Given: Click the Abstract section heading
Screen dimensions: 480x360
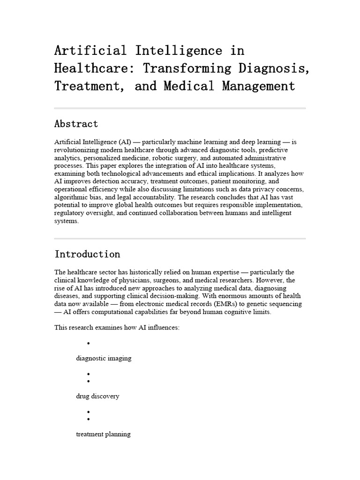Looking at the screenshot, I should pyautogui.click(x=76, y=124).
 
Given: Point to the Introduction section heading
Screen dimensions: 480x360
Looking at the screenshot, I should pyautogui.click(x=87, y=255).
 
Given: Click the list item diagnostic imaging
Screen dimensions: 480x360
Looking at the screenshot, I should pyautogui.click(x=104, y=359).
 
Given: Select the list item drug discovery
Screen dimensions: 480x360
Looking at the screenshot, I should pyautogui.click(x=97, y=397).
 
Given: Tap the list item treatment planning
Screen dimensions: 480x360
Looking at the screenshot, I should pyautogui.click(x=103, y=435).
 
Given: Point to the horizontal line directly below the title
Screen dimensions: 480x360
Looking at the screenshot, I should pyautogui.click(x=180, y=108).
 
